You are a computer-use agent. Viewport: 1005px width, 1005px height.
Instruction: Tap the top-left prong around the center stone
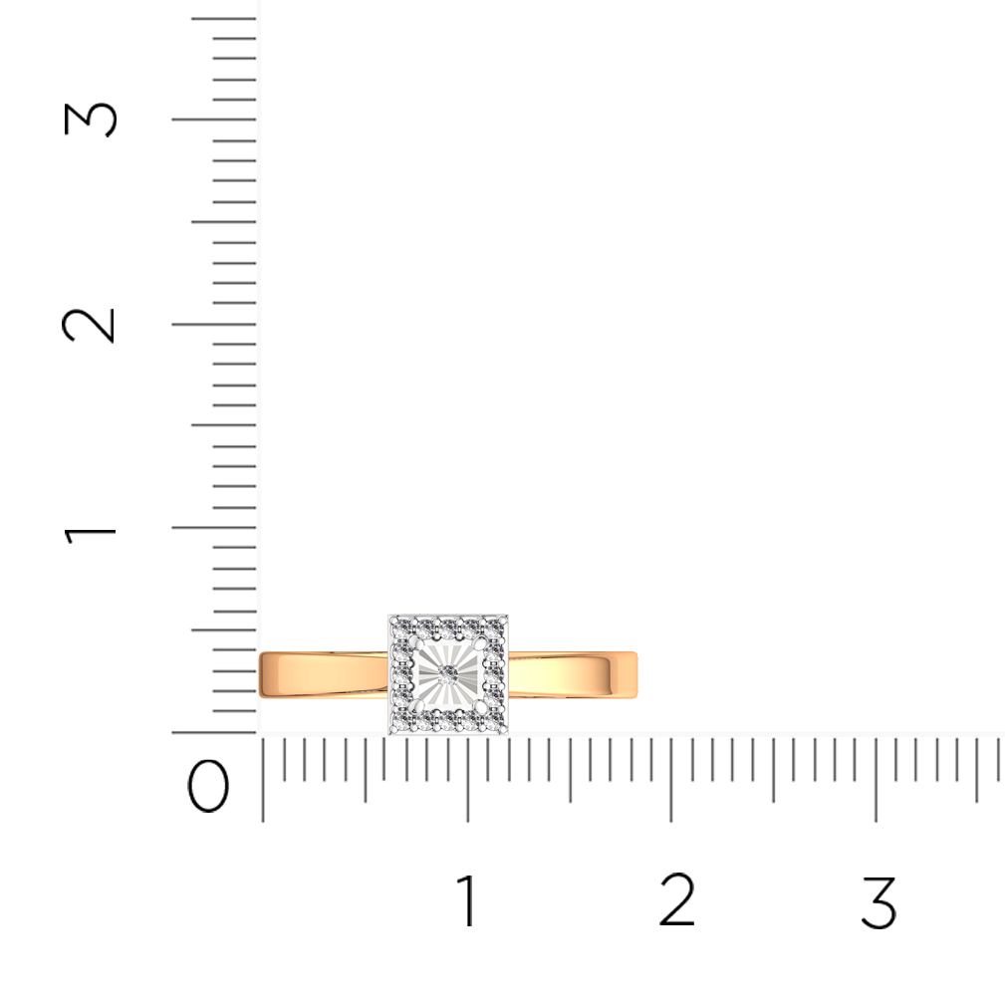click(418, 642)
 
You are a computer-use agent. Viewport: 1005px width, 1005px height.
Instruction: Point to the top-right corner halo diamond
click(496, 626)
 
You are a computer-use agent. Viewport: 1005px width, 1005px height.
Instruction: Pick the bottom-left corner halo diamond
click(400, 722)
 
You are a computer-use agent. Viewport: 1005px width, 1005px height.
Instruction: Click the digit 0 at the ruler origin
click(207, 786)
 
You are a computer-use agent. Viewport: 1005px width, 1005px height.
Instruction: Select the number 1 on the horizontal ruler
click(467, 900)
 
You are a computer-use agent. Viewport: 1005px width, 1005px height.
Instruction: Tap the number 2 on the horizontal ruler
click(677, 899)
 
